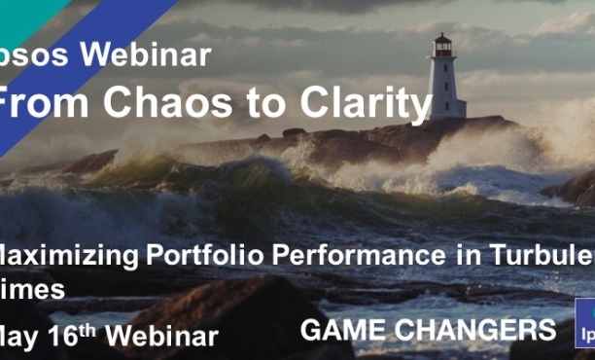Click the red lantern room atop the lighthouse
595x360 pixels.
coord(442,46)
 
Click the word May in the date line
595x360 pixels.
coord(23,336)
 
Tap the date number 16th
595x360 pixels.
coord(77,334)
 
